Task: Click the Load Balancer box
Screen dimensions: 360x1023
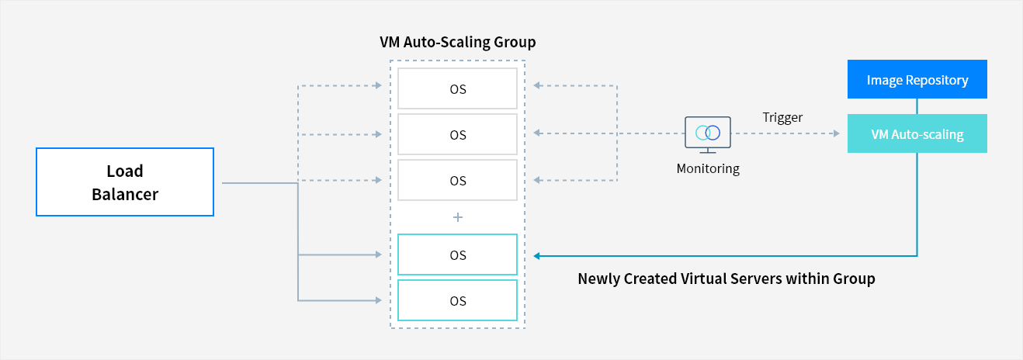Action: pos(124,182)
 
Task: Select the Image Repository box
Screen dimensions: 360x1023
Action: pos(917,80)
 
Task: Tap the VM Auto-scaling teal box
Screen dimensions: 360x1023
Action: pos(917,134)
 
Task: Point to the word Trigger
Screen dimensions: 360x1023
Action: pos(782,117)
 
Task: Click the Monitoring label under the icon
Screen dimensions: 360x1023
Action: pos(708,168)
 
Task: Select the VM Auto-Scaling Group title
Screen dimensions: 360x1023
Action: pos(457,42)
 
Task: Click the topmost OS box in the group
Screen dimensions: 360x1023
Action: pos(457,88)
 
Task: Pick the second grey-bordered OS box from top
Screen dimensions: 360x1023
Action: pos(457,134)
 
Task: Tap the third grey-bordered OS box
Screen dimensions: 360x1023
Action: pos(457,180)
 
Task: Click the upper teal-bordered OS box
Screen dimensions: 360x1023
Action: pos(457,254)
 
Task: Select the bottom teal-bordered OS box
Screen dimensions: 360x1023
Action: pos(457,300)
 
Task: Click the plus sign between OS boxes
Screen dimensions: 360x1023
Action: pos(457,218)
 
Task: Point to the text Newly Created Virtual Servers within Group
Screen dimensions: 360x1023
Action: pos(726,279)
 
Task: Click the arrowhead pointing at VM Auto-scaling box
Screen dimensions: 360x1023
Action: pos(835,134)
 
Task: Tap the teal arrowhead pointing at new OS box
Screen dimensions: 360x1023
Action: pos(537,254)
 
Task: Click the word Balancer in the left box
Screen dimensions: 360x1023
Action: pos(124,194)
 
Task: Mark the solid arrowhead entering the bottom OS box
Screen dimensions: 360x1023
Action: pos(380,300)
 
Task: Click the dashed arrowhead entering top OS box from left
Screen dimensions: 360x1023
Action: pos(380,85)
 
